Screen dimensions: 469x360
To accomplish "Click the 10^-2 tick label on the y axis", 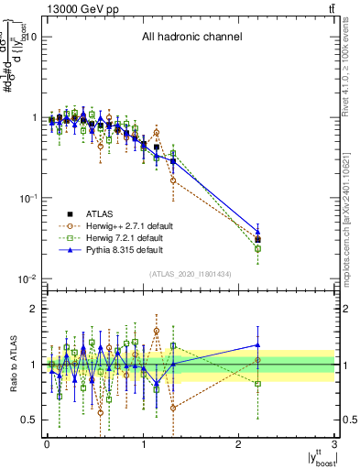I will pyautogui.click(x=27, y=278).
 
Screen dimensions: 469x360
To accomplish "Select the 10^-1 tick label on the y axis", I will pyautogui.click(x=27, y=198).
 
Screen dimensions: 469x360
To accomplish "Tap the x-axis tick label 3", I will pyautogui.click(x=335, y=445).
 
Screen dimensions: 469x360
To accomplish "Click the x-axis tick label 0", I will pyautogui.click(x=46, y=445).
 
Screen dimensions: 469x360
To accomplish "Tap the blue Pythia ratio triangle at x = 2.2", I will pyautogui.click(x=258, y=345).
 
